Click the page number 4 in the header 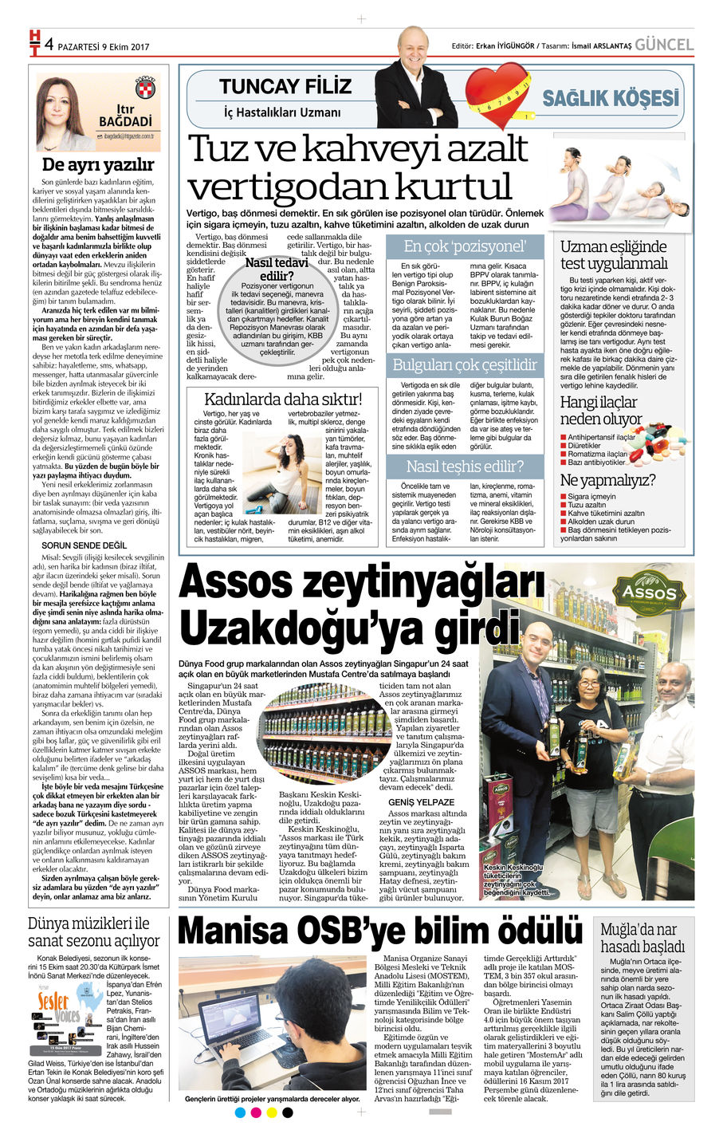(49, 45)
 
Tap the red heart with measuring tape (497, 95)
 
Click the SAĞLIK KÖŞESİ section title (611, 98)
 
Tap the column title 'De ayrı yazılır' (98, 165)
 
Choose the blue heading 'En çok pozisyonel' (465, 246)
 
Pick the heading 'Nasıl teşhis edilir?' (465, 466)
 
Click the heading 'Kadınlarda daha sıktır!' (283, 399)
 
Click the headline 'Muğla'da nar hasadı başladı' (642, 938)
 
